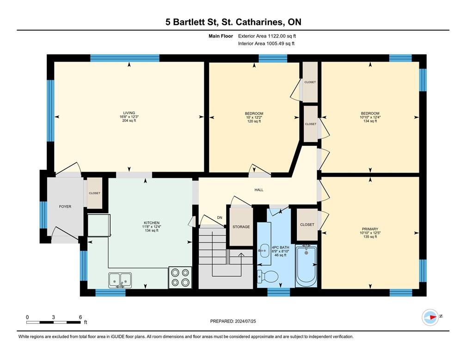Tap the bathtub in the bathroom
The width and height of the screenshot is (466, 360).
click(x=306, y=266)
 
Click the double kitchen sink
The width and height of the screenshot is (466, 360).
click(x=120, y=280)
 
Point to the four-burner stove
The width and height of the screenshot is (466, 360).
click(x=180, y=278)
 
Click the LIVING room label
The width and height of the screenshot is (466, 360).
click(x=129, y=113)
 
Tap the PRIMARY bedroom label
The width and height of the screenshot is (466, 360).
click(x=370, y=229)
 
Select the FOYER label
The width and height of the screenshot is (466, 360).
click(x=65, y=206)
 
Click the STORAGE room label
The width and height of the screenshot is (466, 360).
click(x=241, y=227)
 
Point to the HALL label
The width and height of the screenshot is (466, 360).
click(x=259, y=190)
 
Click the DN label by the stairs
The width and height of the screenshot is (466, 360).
click(x=220, y=218)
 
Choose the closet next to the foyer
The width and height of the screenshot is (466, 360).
click(x=94, y=193)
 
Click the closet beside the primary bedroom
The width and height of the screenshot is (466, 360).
click(x=307, y=224)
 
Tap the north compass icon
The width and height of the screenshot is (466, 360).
click(x=430, y=317)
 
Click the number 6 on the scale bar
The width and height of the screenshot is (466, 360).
click(x=80, y=317)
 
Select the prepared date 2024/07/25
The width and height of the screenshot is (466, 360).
click(x=245, y=321)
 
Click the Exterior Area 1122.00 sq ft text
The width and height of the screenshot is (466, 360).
click(x=267, y=36)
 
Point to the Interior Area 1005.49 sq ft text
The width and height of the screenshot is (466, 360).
click(x=266, y=43)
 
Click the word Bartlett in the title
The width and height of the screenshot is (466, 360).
click(x=192, y=22)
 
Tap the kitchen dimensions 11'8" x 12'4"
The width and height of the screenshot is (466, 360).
click(x=152, y=227)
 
